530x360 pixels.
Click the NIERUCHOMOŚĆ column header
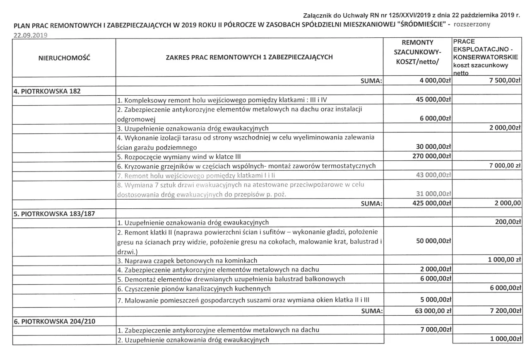pos(64,58)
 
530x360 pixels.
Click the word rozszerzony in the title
pos(472,24)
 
